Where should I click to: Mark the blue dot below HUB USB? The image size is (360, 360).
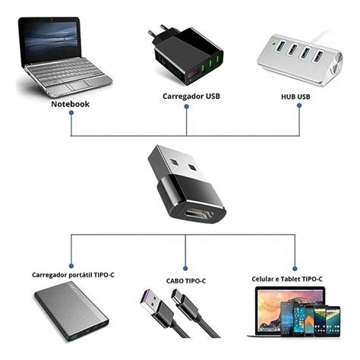[x=298, y=106]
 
